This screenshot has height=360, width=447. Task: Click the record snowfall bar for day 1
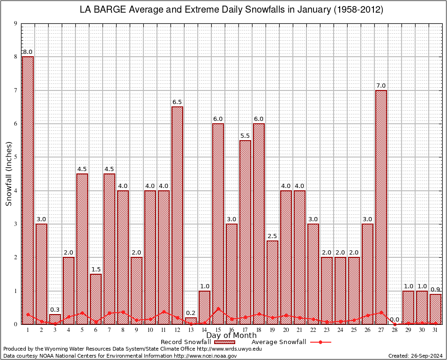28,190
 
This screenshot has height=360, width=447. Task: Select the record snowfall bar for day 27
381,207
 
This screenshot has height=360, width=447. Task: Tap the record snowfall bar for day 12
177,215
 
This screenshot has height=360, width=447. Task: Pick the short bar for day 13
191,321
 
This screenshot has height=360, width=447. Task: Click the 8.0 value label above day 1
28,52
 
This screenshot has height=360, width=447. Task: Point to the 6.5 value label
177,102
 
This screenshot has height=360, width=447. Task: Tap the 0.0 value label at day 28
395,320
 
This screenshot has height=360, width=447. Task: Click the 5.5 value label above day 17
245,135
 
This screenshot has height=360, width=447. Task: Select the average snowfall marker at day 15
218,309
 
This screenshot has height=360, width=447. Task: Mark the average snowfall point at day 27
381,312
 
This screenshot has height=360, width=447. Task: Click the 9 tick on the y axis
15,23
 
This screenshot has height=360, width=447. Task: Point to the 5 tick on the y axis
15,157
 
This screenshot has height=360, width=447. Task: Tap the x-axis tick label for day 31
435,330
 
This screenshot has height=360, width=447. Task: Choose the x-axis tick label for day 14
204,330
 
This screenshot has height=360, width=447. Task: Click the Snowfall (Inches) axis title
9,174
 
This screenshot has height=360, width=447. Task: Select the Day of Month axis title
231,335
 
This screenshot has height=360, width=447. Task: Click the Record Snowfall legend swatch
222,342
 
